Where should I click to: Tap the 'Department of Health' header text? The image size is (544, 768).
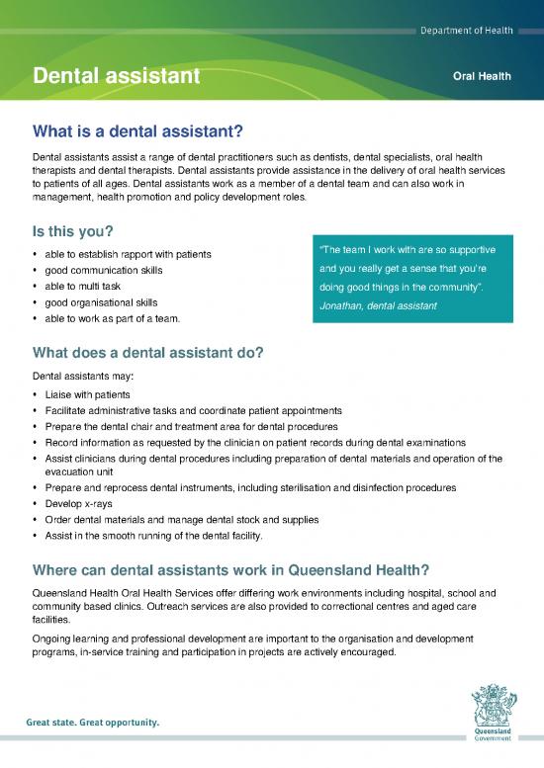462,31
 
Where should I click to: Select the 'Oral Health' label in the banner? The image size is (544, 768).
481,76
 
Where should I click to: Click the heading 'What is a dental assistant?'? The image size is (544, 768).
138,130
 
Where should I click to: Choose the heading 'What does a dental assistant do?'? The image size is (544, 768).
148,353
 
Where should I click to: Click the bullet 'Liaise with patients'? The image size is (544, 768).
89,394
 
